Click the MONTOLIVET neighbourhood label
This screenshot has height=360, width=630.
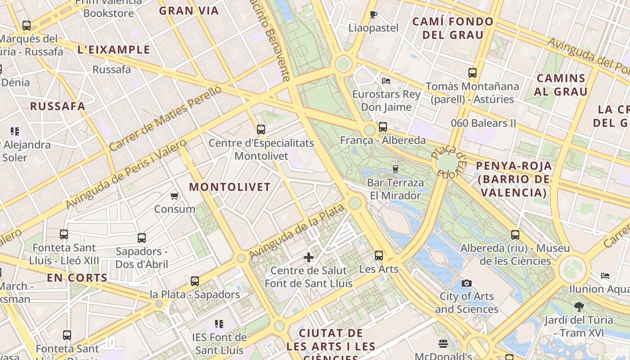(x=230, y=187)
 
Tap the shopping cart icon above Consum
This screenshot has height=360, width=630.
(x=175, y=196)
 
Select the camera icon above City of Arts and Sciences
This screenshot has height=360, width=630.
(x=467, y=283)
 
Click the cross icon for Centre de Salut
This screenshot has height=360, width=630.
(x=309, y=257)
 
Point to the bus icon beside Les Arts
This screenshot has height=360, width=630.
(x=379, y=256)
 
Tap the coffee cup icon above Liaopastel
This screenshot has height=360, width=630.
(x=373, y=14)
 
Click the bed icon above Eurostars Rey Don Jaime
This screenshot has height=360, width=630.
(x=386, y=81)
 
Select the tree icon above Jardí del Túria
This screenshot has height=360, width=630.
(x=579, y=307)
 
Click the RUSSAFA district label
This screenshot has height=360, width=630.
(x=58, y=106)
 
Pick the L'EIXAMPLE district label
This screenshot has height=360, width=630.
(x=114, y=49)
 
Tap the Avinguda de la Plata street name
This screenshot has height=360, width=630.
(x=297, y=232)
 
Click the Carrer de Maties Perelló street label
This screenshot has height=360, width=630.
(x=166, y=118)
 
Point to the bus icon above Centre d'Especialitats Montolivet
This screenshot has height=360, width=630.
(x=261, y=130)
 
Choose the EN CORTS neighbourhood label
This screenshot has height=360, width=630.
(x=77, y=278)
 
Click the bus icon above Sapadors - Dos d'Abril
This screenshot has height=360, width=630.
(x=142, y=238)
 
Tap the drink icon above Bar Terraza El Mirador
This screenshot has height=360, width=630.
(x=396, y=169)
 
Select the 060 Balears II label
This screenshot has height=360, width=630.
(x=484, y=123)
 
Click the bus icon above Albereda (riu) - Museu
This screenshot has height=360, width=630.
(x=515, y=234)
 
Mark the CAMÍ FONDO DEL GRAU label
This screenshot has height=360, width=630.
(x=453, y=28)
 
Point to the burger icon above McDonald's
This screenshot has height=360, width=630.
(x=443, y=344)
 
